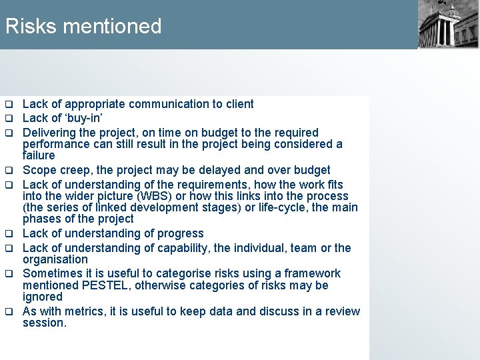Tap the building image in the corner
point(448,24)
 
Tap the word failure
point(39,155)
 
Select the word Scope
point(38,170)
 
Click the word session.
point(44,323)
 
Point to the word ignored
point(43,297)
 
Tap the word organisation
point(55,259)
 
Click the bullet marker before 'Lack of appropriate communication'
point(9,105)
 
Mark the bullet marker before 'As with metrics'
point(9,312)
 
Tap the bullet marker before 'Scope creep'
point(9,171)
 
